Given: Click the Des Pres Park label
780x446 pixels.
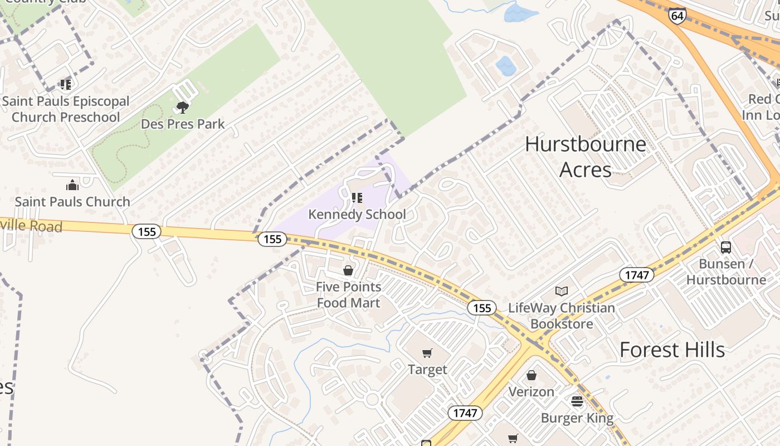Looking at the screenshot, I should [x=183, y=124].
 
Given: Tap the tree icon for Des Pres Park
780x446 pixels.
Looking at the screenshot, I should [x=182, y=107].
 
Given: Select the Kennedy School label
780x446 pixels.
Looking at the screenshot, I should [x=357, y=214].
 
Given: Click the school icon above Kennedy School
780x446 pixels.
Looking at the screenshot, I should [x=357, y=198].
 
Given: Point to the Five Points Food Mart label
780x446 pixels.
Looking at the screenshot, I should [x=349, y=295].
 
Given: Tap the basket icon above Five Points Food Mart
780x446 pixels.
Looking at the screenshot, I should [x=348, y=270].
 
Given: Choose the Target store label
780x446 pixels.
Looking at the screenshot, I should [x=427, y=370].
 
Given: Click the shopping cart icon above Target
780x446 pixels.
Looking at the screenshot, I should [x=427, y=353].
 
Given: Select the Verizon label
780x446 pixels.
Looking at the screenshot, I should [x=532, y=392].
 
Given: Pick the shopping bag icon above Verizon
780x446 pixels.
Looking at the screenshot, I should [x=532, y=375].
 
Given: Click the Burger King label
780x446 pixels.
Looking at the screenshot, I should [x=577, y=418].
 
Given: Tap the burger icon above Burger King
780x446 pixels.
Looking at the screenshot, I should [x=577, y=401].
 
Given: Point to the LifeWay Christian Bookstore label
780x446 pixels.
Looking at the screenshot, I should [x=562, y=316].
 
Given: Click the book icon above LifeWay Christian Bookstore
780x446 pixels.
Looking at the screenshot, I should [x=562, y=291].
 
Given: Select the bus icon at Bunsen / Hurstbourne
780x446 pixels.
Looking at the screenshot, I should [x=726, y=247].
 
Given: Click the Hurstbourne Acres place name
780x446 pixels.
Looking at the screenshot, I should [x=586, y=157].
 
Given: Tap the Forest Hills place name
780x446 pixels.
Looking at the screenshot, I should [x=672, y=350].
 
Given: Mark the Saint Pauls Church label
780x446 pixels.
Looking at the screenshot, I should [x=72, y=202].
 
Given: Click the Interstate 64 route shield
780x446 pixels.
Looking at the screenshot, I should [x=677, y=15].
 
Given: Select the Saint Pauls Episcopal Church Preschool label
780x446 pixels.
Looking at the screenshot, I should [x=66, y=109].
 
